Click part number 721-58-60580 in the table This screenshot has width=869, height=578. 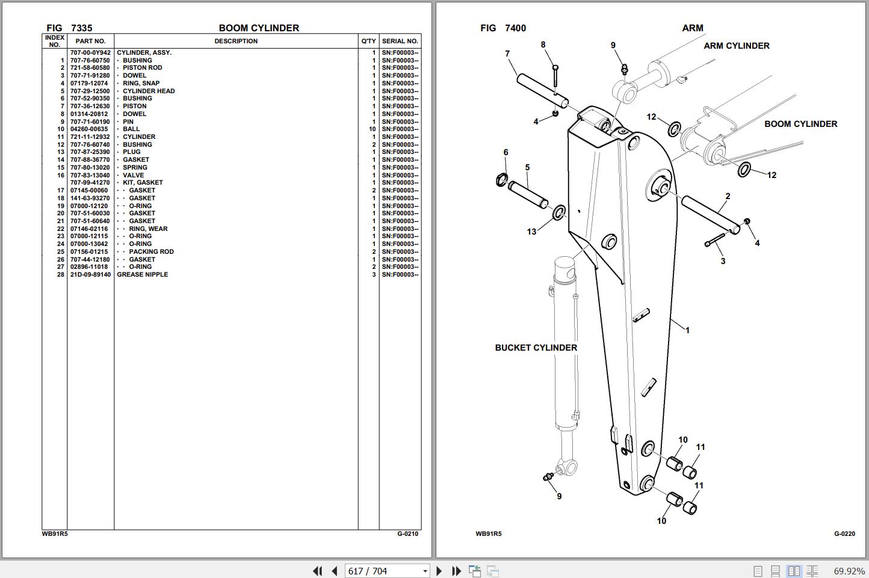click(x=90, y=68)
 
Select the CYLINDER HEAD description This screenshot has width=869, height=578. click(x=149, y=91)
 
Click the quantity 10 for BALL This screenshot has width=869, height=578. click(x=373, y=129)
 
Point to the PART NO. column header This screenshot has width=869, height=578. click(x=90, y=42)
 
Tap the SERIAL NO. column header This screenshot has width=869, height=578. click(x=400, y=42)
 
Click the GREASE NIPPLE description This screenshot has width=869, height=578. click(x=142, y=275)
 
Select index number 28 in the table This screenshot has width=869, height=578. click(x=60, y=275)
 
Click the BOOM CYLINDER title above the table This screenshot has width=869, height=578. click(x=259, y=28)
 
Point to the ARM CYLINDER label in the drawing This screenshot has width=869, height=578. click(x=736, y=46)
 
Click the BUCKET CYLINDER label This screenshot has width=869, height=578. click(x=536, y=348)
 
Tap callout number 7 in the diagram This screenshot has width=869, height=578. click(x=507, y=54)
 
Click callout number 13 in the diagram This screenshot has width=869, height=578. click(x=531, y=232)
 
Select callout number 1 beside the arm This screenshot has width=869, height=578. click(x=687, y=330)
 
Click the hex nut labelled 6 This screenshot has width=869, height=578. click(x=502, y=179)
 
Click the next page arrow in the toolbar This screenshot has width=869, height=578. click(x=439, y=571)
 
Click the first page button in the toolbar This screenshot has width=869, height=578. click(x=317, y=571)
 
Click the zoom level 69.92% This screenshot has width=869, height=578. click(x=849, y=571)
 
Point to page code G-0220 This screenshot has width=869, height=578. click(x=844, y=534)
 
